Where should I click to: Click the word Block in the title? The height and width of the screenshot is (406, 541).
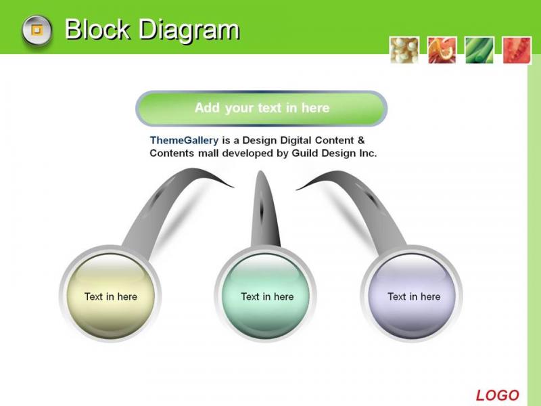point(97,29)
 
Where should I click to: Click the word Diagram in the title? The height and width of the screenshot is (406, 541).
point(189,30)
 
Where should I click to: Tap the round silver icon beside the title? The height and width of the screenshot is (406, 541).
point(37,30)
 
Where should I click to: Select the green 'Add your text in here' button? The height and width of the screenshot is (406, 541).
point(262,108)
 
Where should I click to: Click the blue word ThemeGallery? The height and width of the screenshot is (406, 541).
point(184,140)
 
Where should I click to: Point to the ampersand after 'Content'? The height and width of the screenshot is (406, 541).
point(361,140)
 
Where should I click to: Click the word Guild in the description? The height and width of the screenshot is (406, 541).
point(305,153)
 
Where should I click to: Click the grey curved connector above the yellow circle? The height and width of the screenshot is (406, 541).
point(162,204)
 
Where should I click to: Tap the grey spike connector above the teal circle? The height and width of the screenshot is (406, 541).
point(264,210)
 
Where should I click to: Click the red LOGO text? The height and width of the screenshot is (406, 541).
point(497,395)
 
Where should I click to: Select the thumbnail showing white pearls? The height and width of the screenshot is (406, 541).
point(404,50)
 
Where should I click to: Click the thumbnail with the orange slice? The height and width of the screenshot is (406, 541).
point(442,50)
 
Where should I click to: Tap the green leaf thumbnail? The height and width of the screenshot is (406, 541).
point(479,50)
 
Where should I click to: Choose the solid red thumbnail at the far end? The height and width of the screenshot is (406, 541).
point(517,50)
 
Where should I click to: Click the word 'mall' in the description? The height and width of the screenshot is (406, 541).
point(208,153)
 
